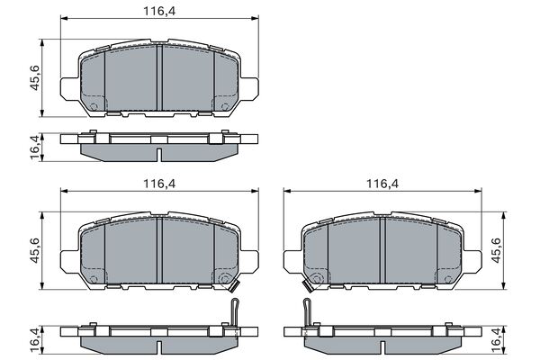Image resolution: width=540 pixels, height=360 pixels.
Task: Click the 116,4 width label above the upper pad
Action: tap(159, 12)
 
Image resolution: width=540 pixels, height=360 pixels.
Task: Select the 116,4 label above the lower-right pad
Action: tap(382, 184)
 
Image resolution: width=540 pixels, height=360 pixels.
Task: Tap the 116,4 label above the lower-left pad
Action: tap(159, 184)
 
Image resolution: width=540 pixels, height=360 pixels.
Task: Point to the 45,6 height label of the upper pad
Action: tap(35, 78)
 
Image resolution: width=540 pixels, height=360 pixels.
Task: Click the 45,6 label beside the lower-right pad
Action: tap(496, 250)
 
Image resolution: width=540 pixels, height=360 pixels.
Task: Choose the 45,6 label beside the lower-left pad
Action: tap(35, 250)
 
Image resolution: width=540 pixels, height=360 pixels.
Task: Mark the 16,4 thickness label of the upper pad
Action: tap(35, 148)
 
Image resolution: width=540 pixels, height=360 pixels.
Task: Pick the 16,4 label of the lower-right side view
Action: tap(496, 340)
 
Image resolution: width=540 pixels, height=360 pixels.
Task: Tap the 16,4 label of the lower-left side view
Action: tap(35, 340)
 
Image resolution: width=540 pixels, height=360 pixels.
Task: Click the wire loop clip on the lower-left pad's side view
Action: tap(235, 311)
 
